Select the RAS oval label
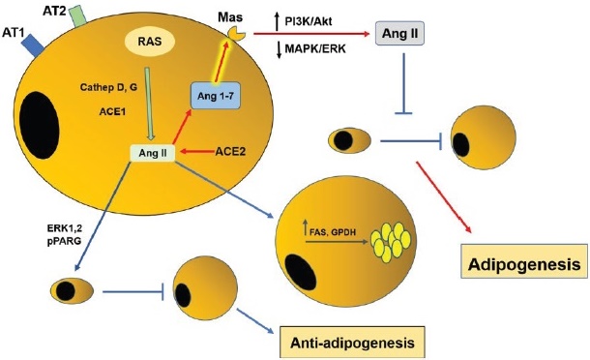[x=149, y=41]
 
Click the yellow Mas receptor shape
[x=234, y=34]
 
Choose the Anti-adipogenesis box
[x=351, y=342]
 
